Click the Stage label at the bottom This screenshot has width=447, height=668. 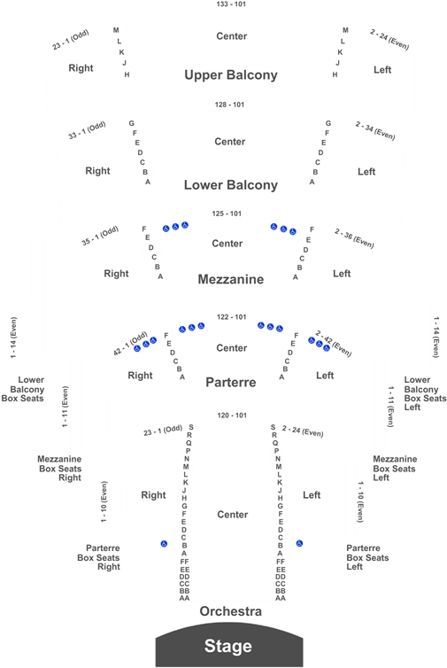pos(228,646)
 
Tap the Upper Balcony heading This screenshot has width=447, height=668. pos(231,75)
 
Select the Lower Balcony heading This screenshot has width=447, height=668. pos(231,185)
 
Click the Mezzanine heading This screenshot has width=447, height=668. pos(231,279)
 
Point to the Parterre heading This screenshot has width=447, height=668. pos(231,382)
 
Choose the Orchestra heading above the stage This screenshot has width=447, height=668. pos(231,611)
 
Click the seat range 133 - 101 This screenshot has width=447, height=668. pos(231,4)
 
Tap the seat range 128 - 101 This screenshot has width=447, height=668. pos(229,105)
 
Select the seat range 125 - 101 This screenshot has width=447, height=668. pos(227,214)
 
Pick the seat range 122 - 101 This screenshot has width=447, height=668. pos(232,317)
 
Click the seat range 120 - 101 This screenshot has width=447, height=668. pos(232,416)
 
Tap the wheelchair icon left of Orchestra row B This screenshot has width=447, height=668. pos(164,544)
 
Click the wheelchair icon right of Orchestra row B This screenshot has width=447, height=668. pos(300,544)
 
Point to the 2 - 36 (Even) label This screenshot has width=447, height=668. pos(354,238)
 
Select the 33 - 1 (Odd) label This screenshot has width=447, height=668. pos(87,130)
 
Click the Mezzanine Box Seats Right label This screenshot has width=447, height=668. pos(59,468)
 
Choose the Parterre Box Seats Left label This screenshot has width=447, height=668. pos(367,557)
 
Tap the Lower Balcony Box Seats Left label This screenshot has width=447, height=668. pos(425,393)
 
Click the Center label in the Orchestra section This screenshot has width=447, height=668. pos(233,515)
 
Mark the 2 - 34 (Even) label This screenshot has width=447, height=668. pos(375,131)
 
